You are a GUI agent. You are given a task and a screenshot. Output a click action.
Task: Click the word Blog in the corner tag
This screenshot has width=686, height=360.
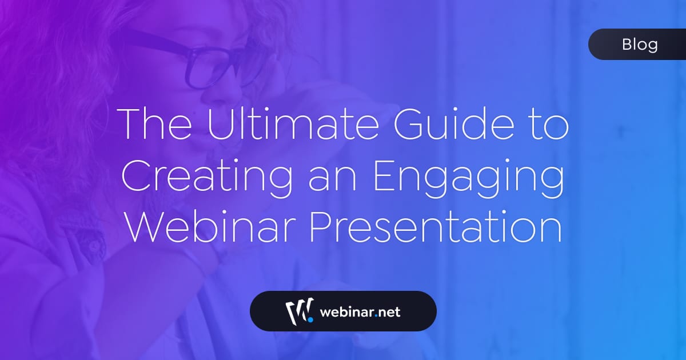pos(640,45)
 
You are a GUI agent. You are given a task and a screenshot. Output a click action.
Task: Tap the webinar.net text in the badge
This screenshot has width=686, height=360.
pos(360,312)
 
